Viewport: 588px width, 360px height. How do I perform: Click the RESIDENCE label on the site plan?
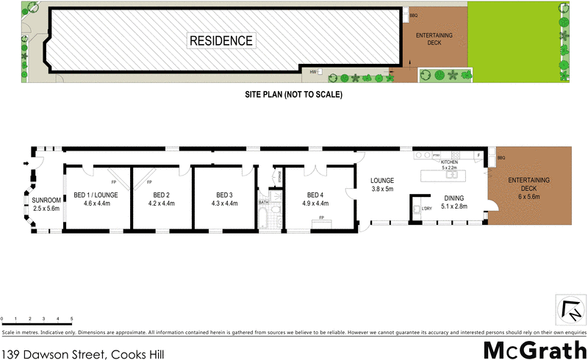tap(220, 40)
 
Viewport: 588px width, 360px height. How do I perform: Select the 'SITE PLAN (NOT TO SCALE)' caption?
tap(294, 95)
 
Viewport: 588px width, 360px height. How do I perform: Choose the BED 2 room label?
tap(161, 195)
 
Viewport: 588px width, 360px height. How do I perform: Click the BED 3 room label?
tap(224, 195)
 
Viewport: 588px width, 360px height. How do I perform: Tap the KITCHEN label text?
tap(449, 162)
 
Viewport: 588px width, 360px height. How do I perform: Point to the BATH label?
tap(263, 203)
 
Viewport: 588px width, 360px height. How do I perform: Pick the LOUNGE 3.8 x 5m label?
tap(382, 184)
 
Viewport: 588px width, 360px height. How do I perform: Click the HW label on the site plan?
tap(313, 72)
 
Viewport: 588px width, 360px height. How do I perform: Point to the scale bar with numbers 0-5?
tap(37, 318)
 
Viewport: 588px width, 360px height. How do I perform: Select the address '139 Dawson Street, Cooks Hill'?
tap(82, 353)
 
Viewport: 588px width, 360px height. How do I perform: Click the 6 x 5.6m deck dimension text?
tap(529, 197)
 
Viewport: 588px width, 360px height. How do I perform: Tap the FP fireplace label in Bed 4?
tap(320, 218)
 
